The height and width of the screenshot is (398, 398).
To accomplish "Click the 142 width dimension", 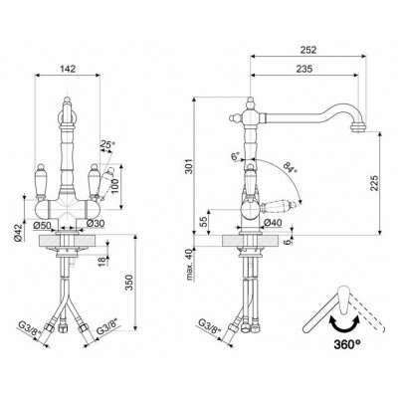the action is click(68, 69).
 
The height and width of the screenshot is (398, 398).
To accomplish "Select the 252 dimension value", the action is click(308, 50).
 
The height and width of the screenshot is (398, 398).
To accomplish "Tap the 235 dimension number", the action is click(304, 69).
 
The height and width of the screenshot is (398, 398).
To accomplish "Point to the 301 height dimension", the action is click(189, 169).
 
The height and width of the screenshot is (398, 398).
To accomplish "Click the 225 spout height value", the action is click(374, 183).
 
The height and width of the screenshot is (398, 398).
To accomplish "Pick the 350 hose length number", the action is click(129, 283).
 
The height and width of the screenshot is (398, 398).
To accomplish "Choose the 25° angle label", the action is click(107, 144).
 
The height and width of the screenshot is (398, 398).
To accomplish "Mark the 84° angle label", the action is click(290, 167).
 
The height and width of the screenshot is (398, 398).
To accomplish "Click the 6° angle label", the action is click(236, 156).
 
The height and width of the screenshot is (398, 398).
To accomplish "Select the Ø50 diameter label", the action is click(42, 225).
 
